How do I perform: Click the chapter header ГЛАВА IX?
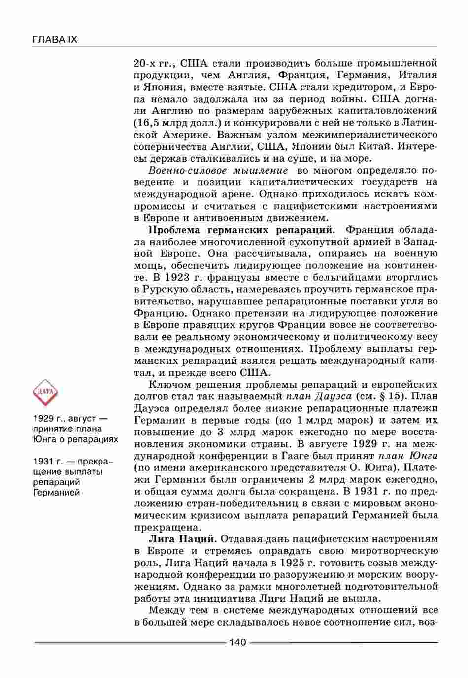coord(55,40)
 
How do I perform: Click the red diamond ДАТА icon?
coord(45,393)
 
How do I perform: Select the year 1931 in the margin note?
coord(43,462)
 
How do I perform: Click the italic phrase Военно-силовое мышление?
coord(218,171)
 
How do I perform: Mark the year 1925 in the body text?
coord(294,562)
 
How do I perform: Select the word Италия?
coord(418,75)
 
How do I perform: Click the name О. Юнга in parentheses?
coord(320,467)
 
